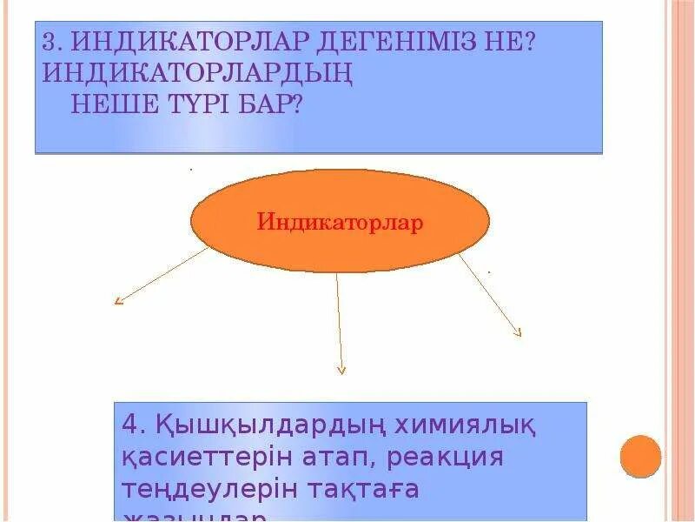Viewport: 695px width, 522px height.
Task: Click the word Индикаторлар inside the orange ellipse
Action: click(x=340, y=222)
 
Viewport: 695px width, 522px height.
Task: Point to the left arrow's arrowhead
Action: click(x=117, y=302)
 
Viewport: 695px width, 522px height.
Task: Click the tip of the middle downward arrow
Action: click(x=341, y=371)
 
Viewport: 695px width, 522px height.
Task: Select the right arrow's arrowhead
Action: click(x=519, y=333)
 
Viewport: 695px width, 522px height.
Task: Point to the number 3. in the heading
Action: click(x=52, y=43)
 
